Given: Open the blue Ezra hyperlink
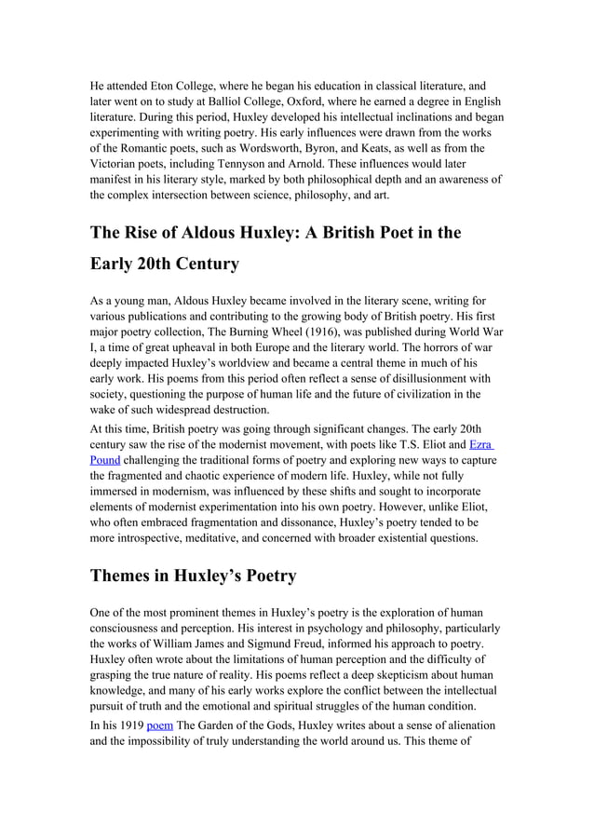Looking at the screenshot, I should pyautogui.click(x=481, y=445).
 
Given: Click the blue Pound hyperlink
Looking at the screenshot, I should pyautogui.click(x=105, y=460).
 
